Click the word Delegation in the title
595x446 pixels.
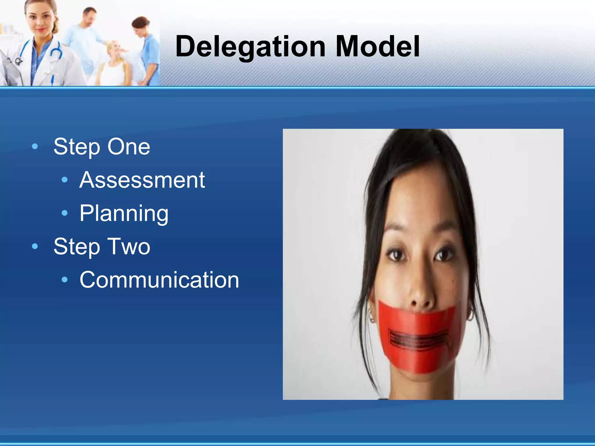tap(250, 46)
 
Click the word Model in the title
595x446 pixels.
tap(377, 46)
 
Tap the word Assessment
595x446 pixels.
tap(142, 180)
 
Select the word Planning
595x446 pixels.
tap(124, 213)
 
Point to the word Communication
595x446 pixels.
tap(159, 280)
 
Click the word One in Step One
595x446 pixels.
tap(129, 147)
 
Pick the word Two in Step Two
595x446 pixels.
tap(129, 247)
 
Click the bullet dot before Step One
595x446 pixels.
tap(35, 147)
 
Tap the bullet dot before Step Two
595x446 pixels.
tap(35, 247)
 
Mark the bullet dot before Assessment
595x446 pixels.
tap(65, 180)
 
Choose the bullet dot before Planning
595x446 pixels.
tap(65, 213)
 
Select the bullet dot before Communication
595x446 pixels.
tap(65, 280)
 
